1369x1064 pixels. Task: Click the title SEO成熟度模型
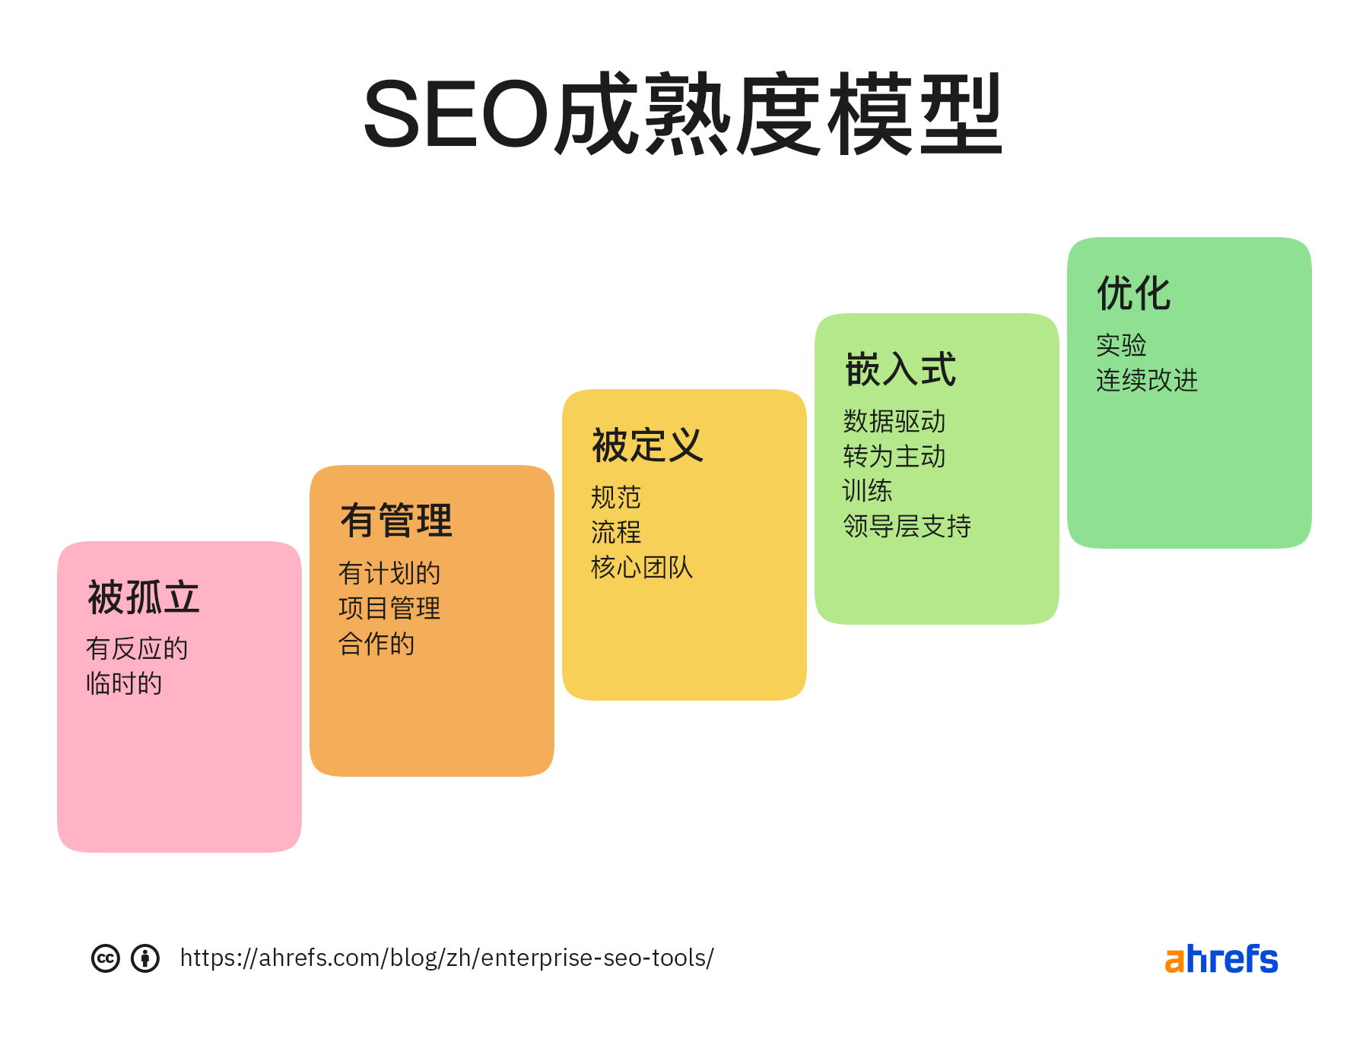point(683,114)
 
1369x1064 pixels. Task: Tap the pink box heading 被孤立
point(144,597)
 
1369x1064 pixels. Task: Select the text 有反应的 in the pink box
point(137,649)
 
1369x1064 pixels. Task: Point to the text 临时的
point(124,684)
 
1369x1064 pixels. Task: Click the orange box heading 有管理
point(396,521)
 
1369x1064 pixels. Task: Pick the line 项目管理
point(389,609)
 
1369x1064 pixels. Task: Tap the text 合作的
point(376,644)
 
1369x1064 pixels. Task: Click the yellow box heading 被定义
point(648,445)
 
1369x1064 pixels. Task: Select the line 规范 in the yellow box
point(616,498)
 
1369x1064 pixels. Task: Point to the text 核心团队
point(642,568)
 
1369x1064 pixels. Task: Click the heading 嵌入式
point(900,370)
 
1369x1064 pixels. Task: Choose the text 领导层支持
point(907,526)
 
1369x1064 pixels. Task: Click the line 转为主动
point(894,457)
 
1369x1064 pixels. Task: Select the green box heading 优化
point(1134,293)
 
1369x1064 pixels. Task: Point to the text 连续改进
point(1147,380)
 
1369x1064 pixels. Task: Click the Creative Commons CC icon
point(106,958)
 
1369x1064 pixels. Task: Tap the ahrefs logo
point(1221,959)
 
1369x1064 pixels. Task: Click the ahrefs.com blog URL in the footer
point(447,958)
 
